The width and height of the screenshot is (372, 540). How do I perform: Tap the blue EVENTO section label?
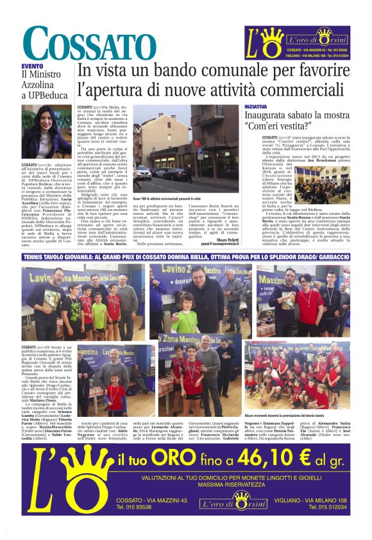pyautogui.click(x=32, y=66)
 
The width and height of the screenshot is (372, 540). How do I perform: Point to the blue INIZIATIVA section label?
pyautogui.click(x=257, y=105)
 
